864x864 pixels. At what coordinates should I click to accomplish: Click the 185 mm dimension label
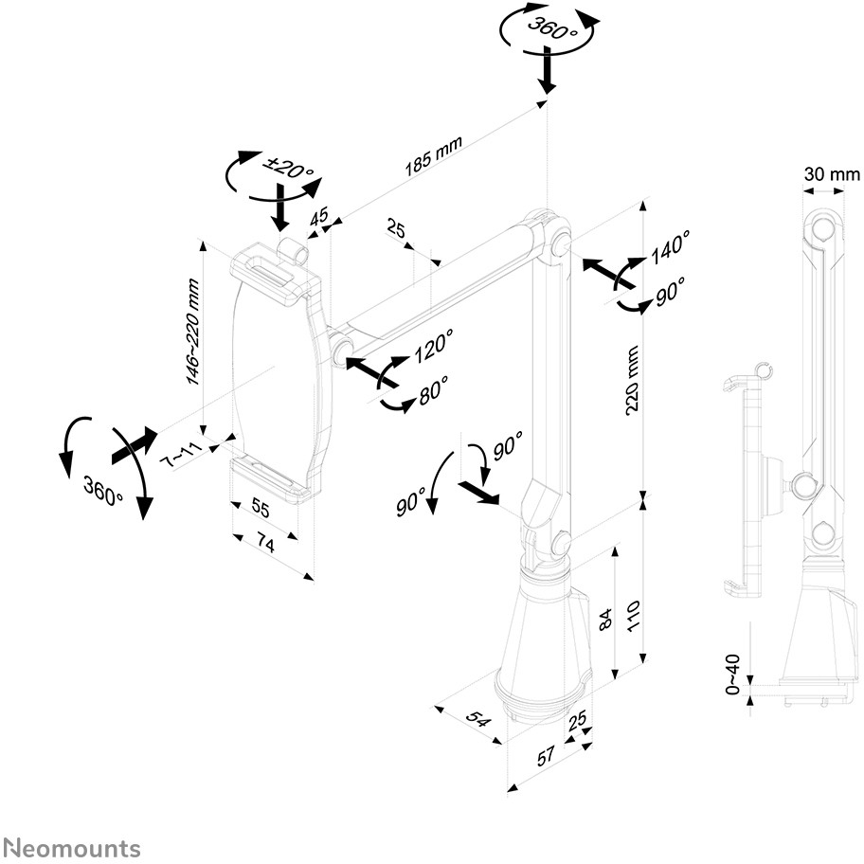[x=433, y=154]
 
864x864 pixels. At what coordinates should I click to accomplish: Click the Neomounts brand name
[x=72, y=848]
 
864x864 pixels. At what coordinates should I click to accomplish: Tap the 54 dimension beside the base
[x=479, y=720]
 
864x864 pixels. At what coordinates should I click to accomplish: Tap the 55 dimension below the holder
[x=261, y=509]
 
